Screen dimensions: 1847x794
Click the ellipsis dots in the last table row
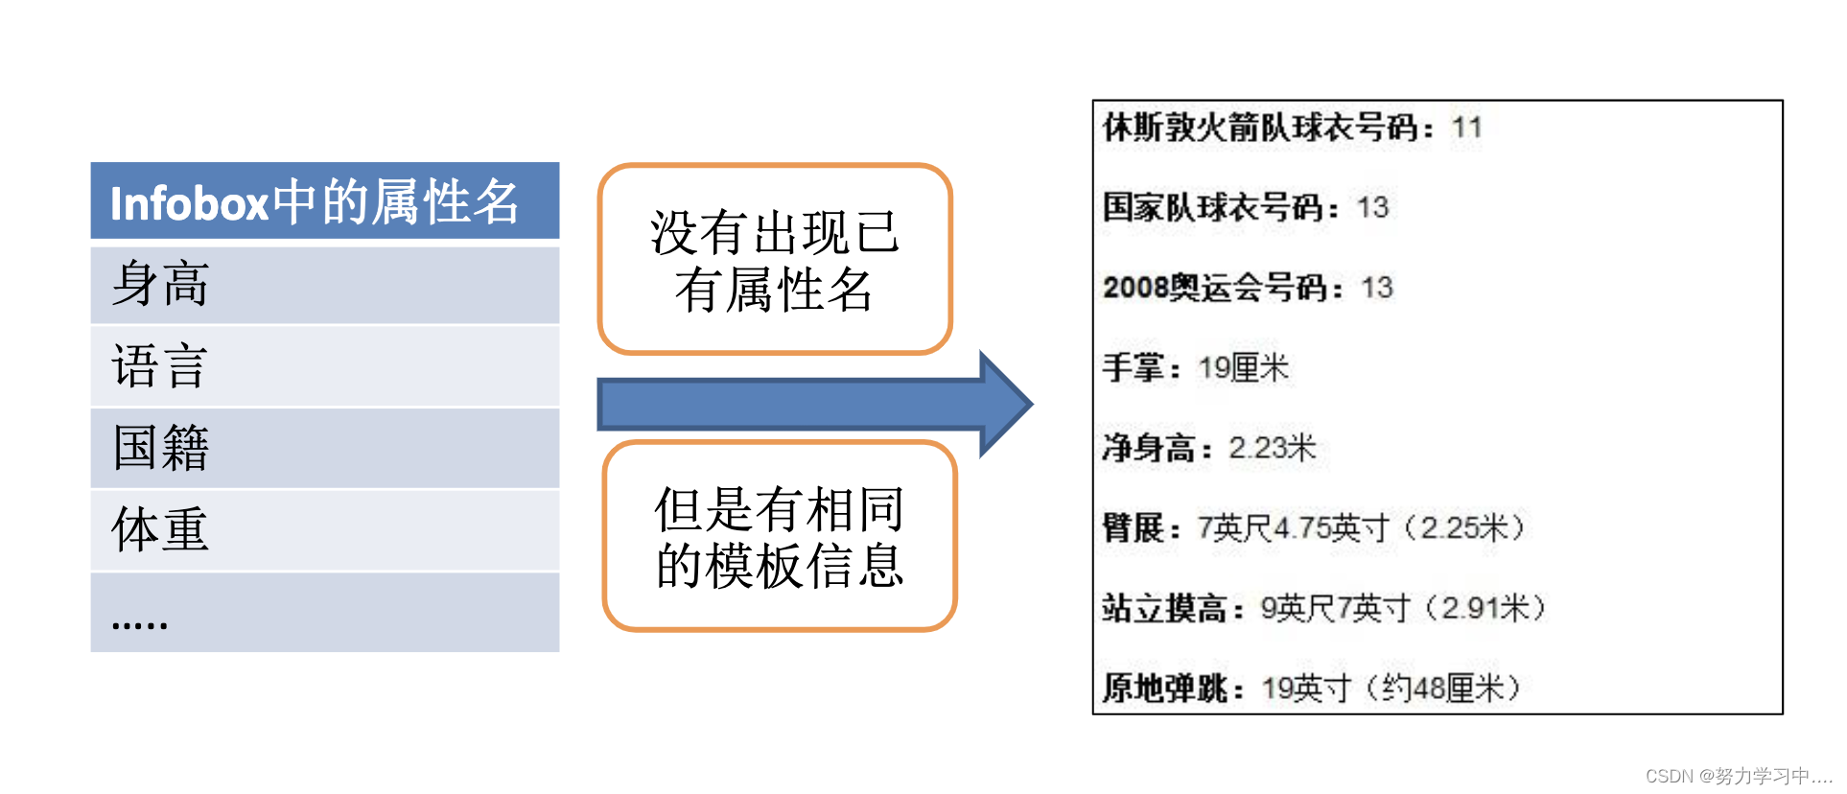[x=140, y=623]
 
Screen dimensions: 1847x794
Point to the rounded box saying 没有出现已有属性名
[x=774, y=259]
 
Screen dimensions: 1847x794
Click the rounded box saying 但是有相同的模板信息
[x=779, y=536]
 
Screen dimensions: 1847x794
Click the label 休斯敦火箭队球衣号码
[x=1260, y=128]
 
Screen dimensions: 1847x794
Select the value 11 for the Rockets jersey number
[x=1466, y=128]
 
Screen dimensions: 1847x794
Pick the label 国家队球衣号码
[x=1213, y=207]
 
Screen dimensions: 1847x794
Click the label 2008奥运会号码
[x=1215, y=288]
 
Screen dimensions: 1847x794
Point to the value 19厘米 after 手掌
[x=1244, y=367]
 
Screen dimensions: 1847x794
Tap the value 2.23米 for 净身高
[x=1272, y=448]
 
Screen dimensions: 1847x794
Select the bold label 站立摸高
[x=1164, y=608]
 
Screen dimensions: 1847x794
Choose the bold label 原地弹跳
[x=1164, y=688]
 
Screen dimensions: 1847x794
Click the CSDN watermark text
[x=1738, y=776]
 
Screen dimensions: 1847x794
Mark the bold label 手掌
[x=1134, y=367]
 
